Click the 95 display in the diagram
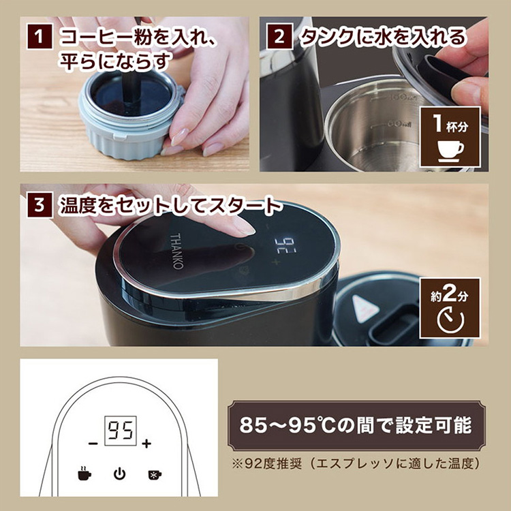click(x=119, y=429)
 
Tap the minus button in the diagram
click(x=93, y=444)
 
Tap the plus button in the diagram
click(x=146, y=444)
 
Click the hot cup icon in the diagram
click(x=83, y=473)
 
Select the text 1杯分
click(x=450, y=124)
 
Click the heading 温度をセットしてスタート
click(x=170, y=205)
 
